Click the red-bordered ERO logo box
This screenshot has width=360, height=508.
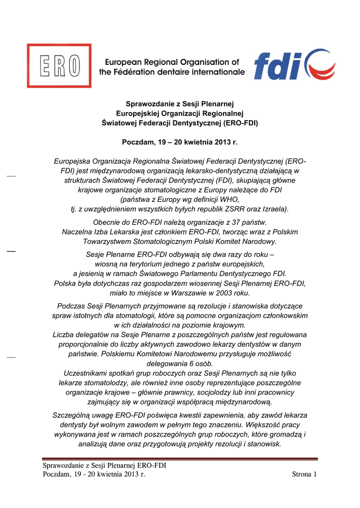coord(59,66)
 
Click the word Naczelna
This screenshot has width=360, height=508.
coord(76,232)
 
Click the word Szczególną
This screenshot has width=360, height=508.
coord(73,415)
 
